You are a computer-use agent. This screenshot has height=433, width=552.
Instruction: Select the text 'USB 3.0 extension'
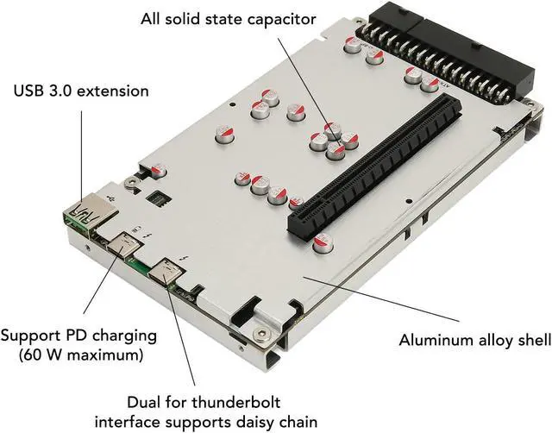pos(81,90)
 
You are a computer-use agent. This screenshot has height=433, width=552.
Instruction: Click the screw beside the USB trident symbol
pos(129,182)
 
